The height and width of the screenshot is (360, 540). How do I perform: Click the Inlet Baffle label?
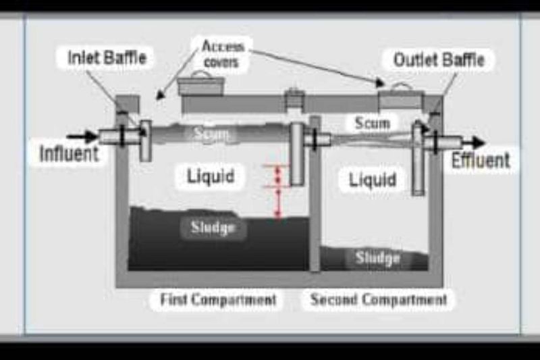click(107, 57)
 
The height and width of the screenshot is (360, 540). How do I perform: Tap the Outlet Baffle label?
click(439, 59)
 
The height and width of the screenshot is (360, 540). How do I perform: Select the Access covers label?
click(222, 54)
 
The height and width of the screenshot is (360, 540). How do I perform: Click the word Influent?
click(70, 153)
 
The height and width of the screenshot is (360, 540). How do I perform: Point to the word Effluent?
click(481, 160)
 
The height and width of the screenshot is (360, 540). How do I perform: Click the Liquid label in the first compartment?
click(211, 176)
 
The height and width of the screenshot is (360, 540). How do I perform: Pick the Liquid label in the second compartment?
click(373, 180)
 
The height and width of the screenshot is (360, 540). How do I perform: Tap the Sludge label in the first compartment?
click(213, 228)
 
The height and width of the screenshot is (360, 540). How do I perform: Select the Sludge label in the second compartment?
click(378, 258)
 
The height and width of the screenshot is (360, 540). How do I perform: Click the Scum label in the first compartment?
click(211, 133)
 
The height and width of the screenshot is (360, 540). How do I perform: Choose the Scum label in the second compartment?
click(373, 123)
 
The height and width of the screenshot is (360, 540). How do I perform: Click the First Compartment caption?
click(218, 299)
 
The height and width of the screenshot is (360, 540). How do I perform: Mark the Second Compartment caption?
click(379, 299)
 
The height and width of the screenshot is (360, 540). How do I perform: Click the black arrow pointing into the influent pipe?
click(82, 136)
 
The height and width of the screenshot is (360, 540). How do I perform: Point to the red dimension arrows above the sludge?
click(278, 192)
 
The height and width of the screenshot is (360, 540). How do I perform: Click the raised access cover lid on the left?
click(200, 84)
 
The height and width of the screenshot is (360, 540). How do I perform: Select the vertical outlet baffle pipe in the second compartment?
click(418, 159)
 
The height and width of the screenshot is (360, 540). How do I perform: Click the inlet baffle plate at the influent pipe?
click(146, 141)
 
